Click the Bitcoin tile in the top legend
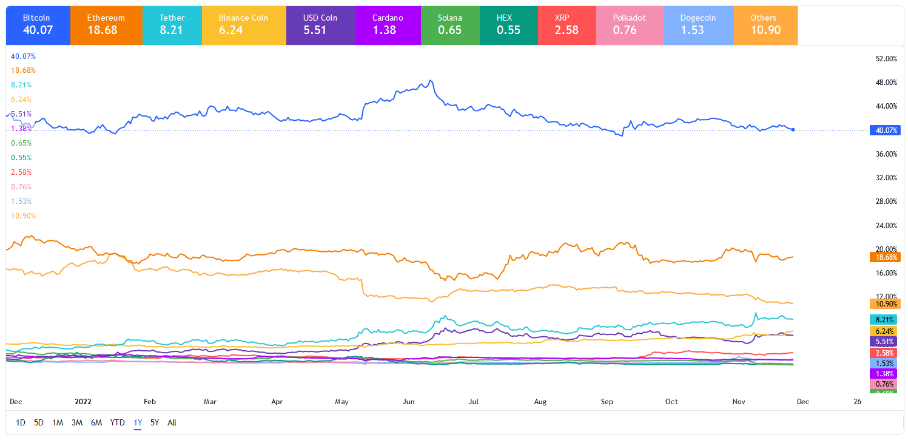coord(38,25)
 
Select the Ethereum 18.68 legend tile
coord(106,25)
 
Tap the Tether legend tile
coord(172,25)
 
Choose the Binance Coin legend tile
coord(243,25)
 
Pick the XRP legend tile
coord(567,25)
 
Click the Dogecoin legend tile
coord(698,25)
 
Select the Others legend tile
coord(765,25)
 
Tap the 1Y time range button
coord(138,422)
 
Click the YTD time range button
coord(118,422)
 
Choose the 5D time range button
coord(39,422)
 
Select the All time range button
coord(172,422)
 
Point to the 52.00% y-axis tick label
coord(886,59)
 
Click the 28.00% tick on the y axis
coord(886,201)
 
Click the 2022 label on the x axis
coord(82,402)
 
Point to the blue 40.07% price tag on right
coord(886,130)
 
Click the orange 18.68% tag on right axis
coord(886,257)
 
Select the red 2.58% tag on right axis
coord(886,353)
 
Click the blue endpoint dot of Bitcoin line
coord(794,129)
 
